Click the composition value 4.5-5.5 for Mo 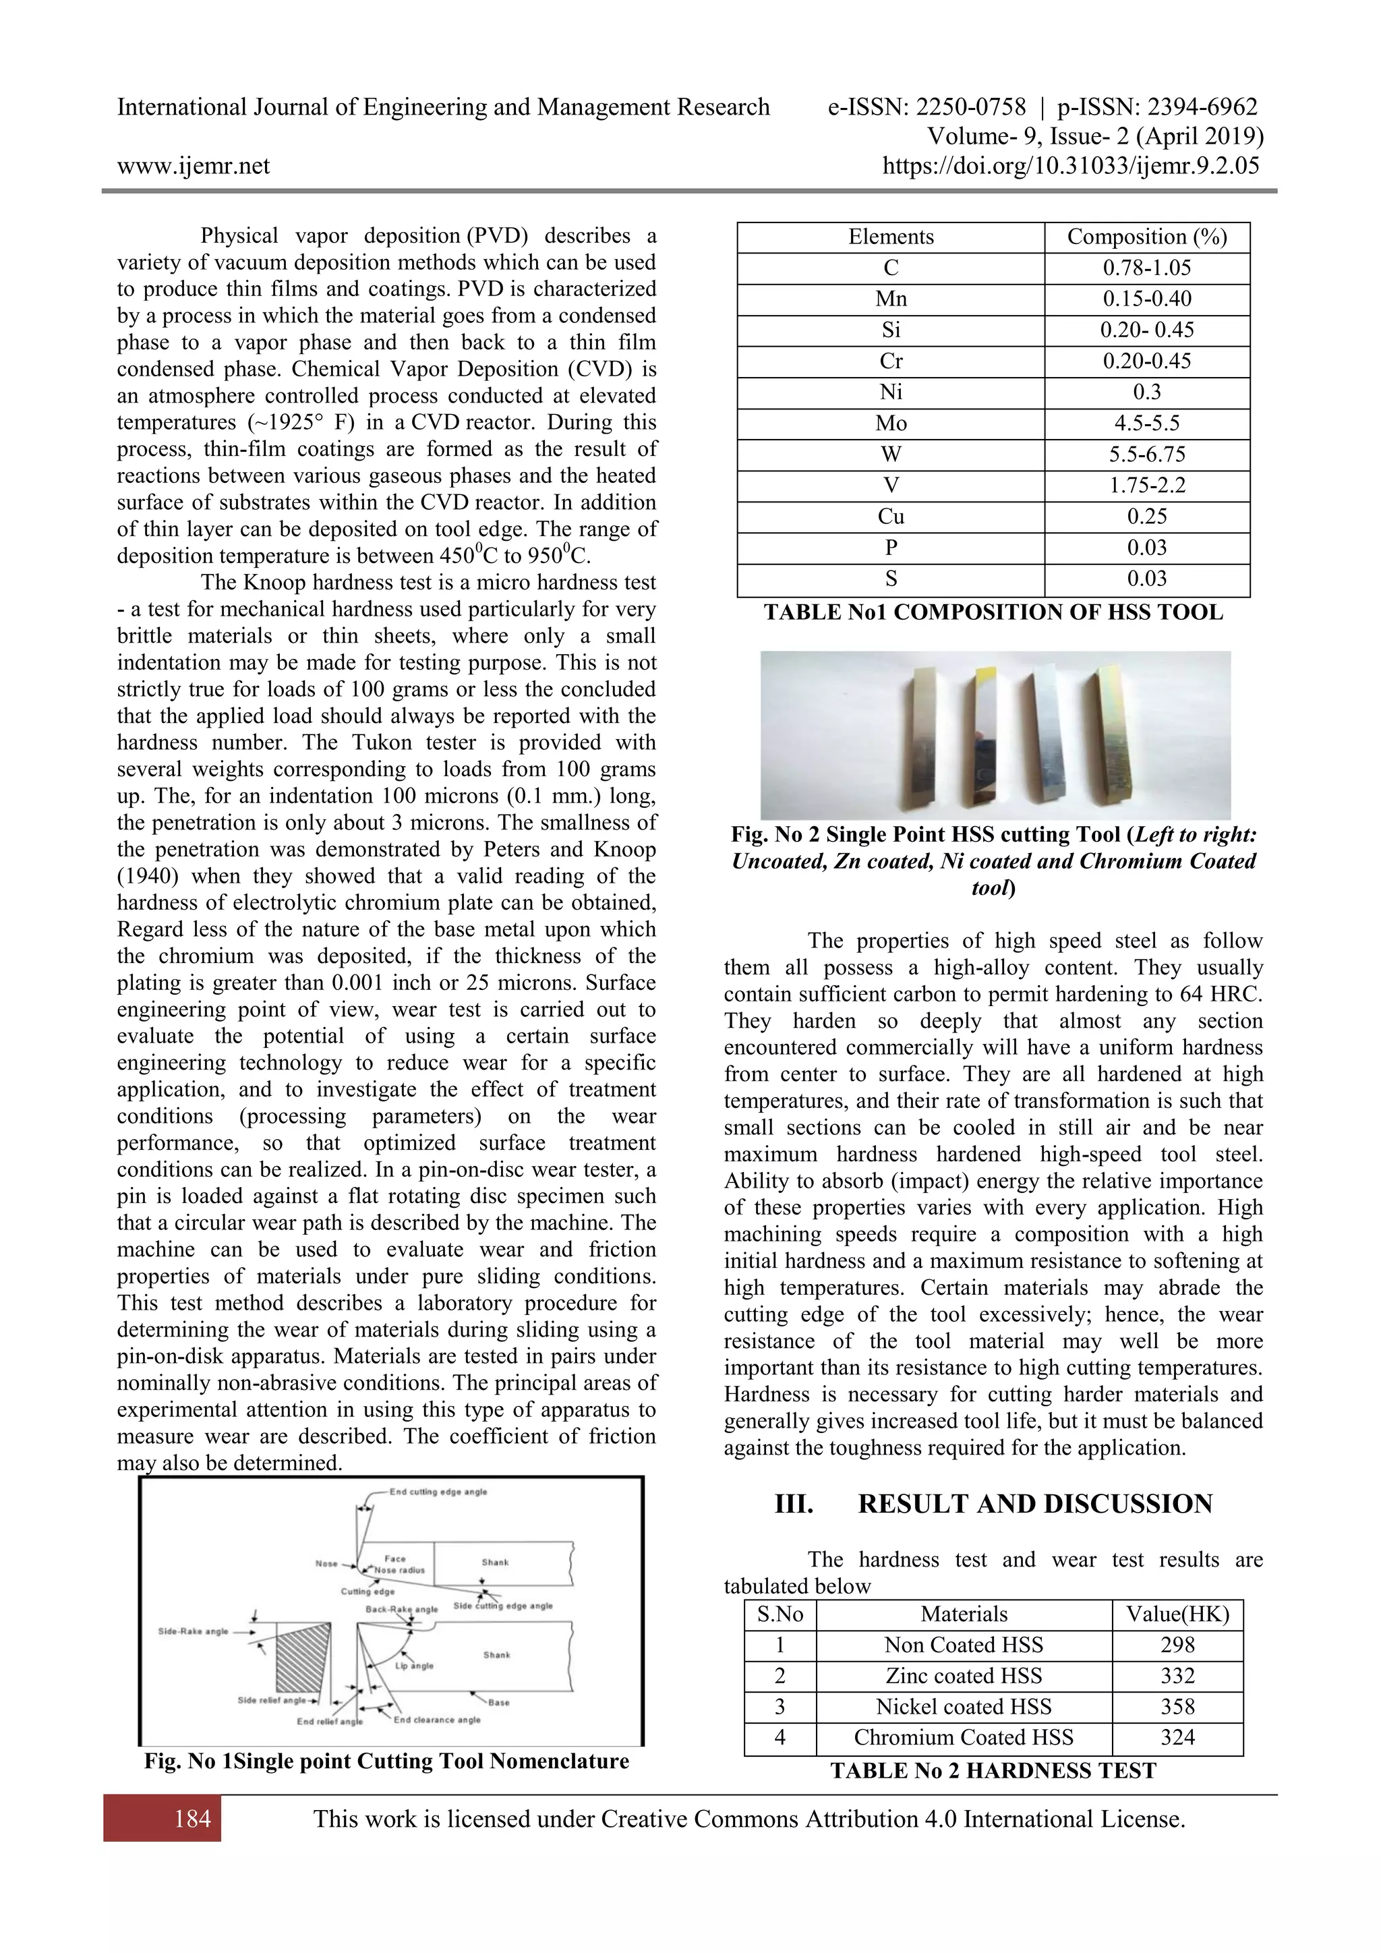pos(1146,424)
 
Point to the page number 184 pos(192,1819)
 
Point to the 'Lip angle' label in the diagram pos(414,1666)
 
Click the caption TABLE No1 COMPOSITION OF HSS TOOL pos(993,612)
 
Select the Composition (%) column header pos(1146,237)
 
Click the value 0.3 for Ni pos(1146,392)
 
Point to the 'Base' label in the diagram pos(499,1702)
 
